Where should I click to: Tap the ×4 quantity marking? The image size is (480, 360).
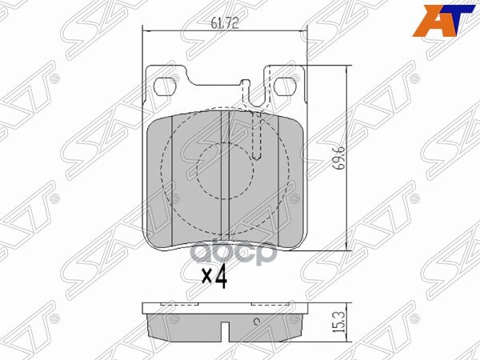coord(214,278)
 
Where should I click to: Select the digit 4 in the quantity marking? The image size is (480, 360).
coord(221,278)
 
